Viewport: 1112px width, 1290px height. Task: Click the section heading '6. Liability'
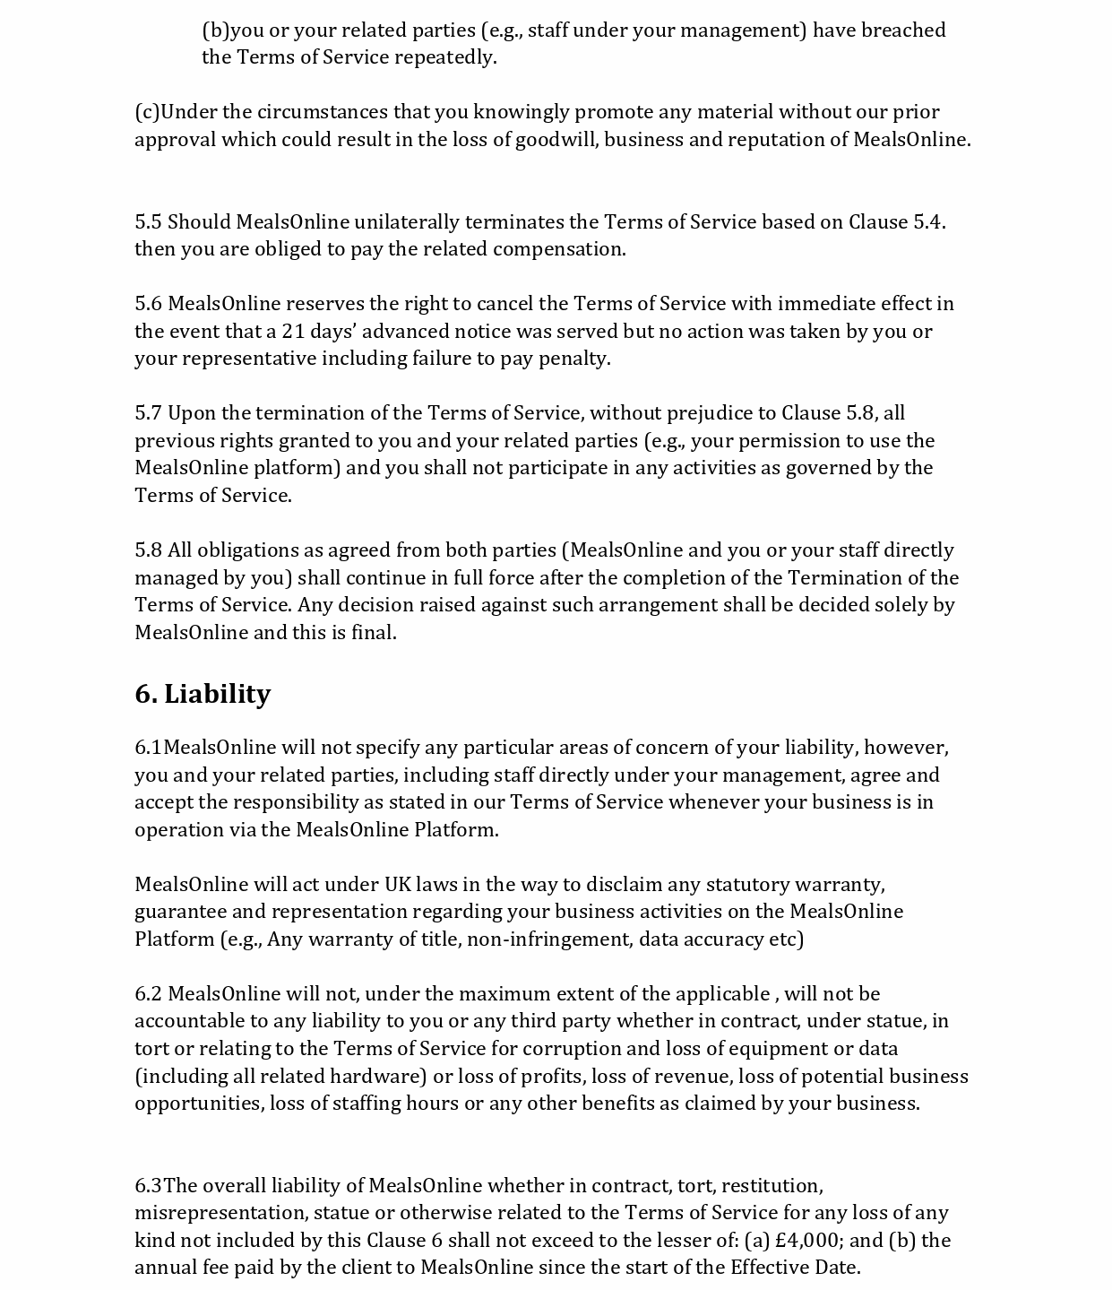(x=203, y=694)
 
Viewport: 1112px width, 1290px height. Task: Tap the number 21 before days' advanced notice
(x=293, y=331)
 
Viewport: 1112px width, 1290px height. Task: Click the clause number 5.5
(x=148, y=221)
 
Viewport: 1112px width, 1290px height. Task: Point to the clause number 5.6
(x=148, y=304)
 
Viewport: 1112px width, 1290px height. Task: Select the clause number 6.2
(x=148, y=993)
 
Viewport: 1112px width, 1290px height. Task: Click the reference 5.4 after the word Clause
(x=928, y=221)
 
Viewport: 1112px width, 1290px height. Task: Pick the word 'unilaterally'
(x=406, y=221)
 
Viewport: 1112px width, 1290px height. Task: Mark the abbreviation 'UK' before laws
(x=397, y=884)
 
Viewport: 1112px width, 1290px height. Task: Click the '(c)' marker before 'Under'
(x=146, y=112)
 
